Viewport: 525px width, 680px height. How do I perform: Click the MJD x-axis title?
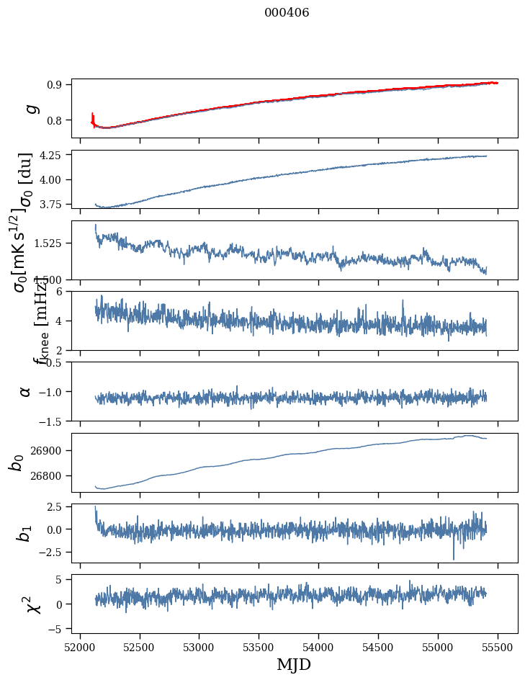click(x=294, y=664)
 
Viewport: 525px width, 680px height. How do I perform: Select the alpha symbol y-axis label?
click(x=25, y=391)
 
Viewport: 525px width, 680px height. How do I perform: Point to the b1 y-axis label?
click(x=25, y=533)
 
